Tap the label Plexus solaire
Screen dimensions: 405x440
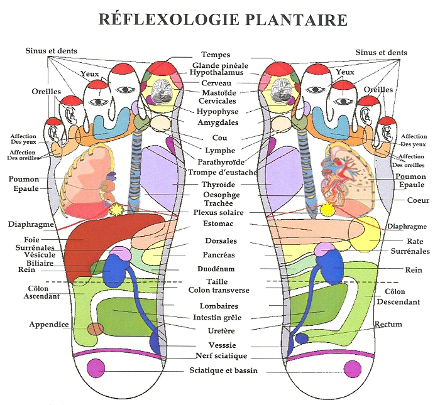tap(218, 212)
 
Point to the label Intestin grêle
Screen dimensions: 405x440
tap(217, 318)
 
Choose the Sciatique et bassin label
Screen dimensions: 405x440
tap(224, 371)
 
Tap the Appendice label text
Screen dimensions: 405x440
tap(48, 325)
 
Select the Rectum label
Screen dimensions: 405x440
tap(388, 325)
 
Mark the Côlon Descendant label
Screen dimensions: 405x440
tap(398, 296)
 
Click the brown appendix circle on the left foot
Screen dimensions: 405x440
tap(95, 328)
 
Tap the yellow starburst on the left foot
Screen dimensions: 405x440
tap(116, 212)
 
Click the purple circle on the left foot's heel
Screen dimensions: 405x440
tap(96, 368)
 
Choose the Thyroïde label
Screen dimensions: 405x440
tap(218, 185)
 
